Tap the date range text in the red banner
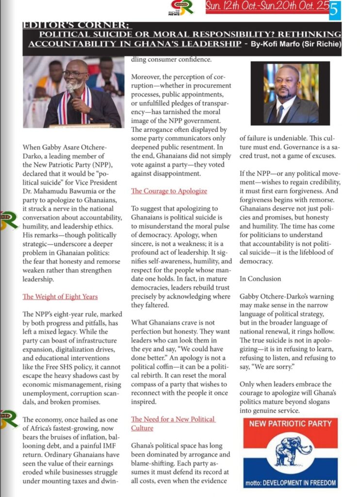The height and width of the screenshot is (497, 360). (267, 7)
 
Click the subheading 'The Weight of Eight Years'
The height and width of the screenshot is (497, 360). (60, 297)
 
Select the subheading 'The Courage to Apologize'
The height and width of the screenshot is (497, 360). (169, 191)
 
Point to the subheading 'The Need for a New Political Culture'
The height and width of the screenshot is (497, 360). (173, 423)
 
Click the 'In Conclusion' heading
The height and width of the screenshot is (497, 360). (261, 279)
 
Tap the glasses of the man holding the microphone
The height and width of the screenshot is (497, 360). (76, 74)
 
